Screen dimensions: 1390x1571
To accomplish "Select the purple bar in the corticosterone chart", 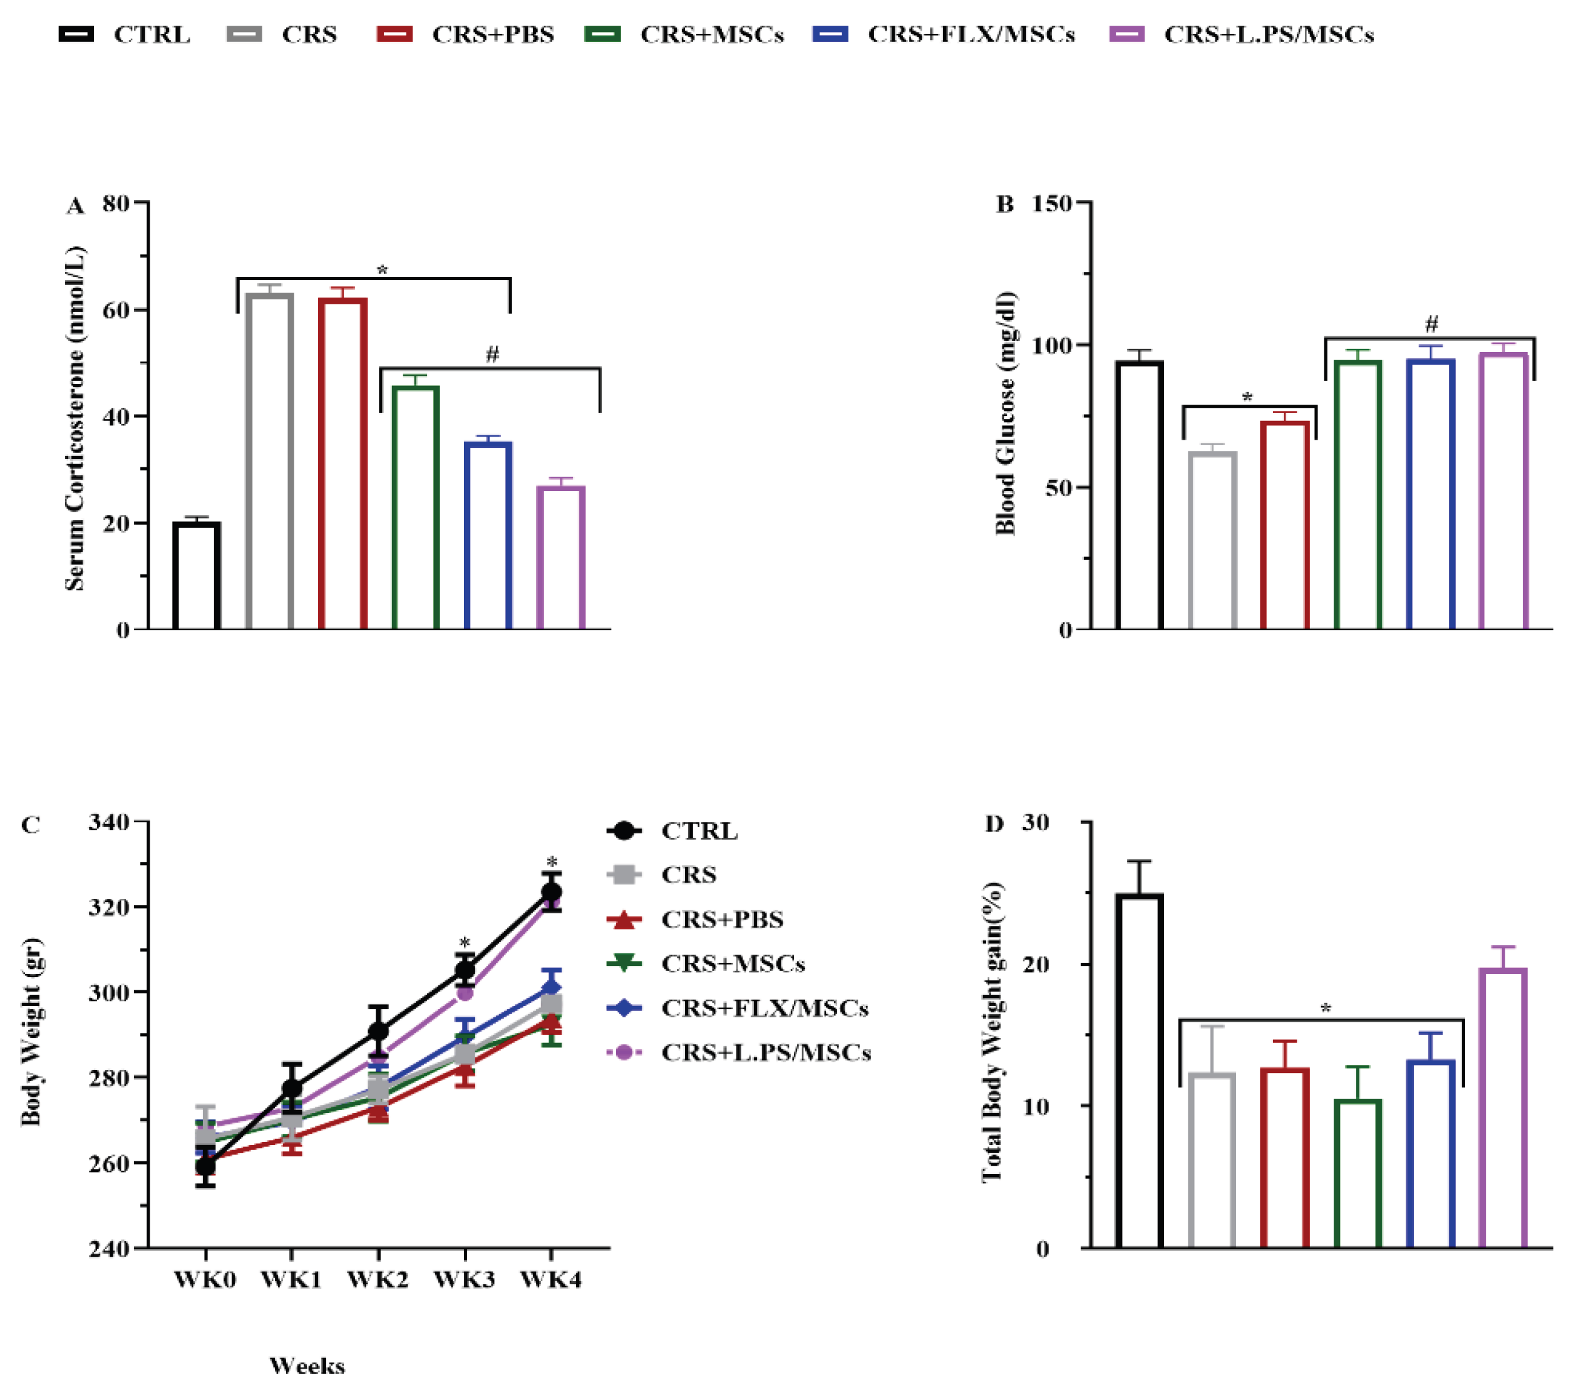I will (x=561, y=558).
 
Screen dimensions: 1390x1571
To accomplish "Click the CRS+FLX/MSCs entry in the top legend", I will (x=970, y=34).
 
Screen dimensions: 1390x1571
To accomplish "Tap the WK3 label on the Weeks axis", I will (x=464, y=1280).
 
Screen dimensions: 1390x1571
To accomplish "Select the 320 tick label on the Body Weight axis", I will (x=111, y=907).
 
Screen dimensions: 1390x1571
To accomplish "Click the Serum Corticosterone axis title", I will (x=75, y=419).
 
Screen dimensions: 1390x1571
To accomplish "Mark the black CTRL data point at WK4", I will (x=551, y=892).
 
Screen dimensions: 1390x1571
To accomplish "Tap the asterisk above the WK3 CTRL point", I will (x=464, y=943).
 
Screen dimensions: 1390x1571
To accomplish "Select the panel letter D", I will (x=994, y=824).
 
